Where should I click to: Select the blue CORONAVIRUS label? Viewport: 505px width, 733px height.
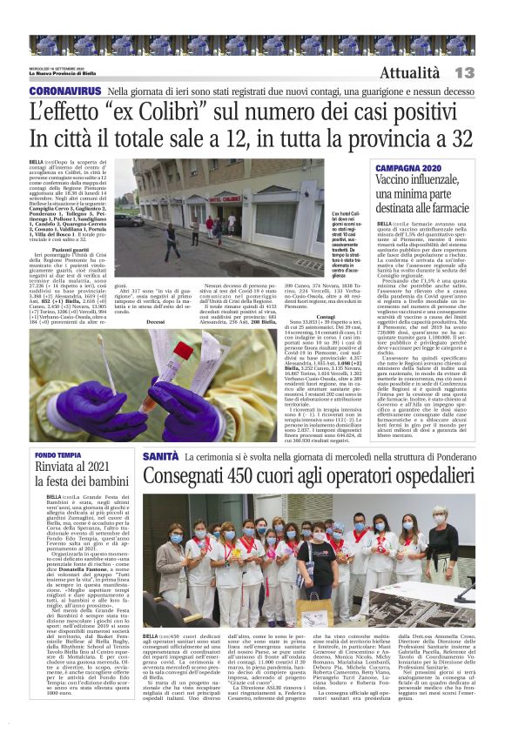(x=66, y=91)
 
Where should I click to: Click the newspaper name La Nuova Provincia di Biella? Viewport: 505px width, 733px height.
(x=66, y=72)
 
